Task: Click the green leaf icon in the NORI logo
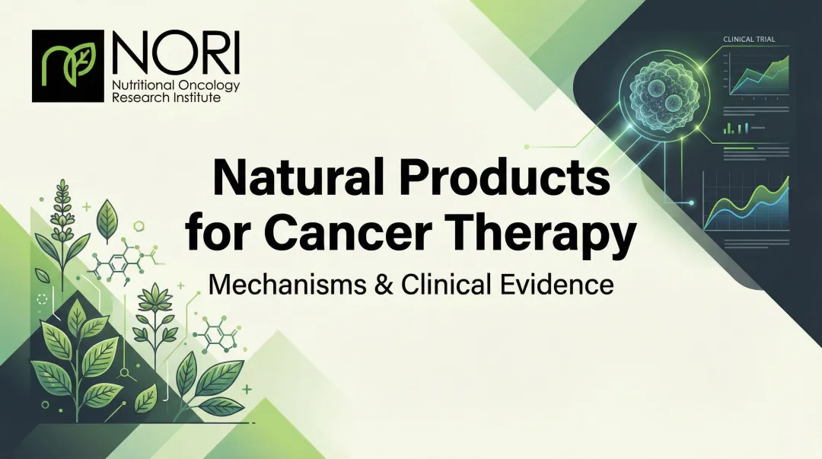67,66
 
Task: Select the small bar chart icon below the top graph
738,128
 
